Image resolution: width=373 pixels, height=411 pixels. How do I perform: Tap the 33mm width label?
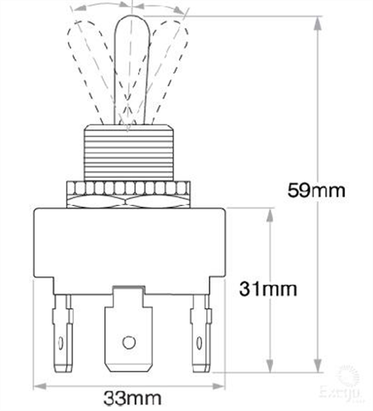(x=127, y=399)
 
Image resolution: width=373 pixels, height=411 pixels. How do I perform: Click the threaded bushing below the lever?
(x=127, y=155)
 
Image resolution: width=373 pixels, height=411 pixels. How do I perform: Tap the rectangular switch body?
(x=127, y=246)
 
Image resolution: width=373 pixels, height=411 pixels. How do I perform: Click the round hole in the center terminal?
(x=127, y=341)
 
